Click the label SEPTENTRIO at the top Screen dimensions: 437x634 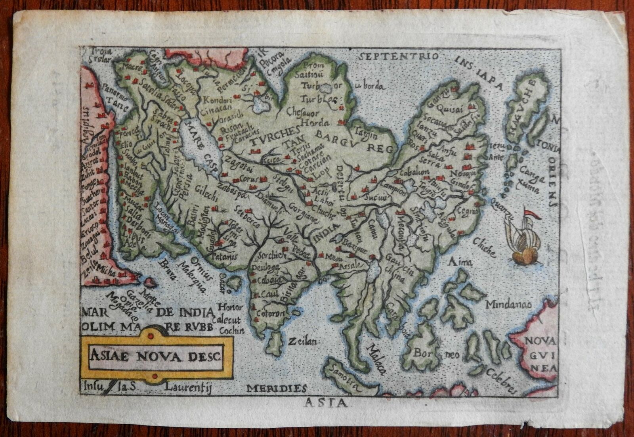(x=398, y=57)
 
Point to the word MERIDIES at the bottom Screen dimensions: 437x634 (x=276, y=388)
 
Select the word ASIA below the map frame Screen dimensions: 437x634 (x=326, y=404)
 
